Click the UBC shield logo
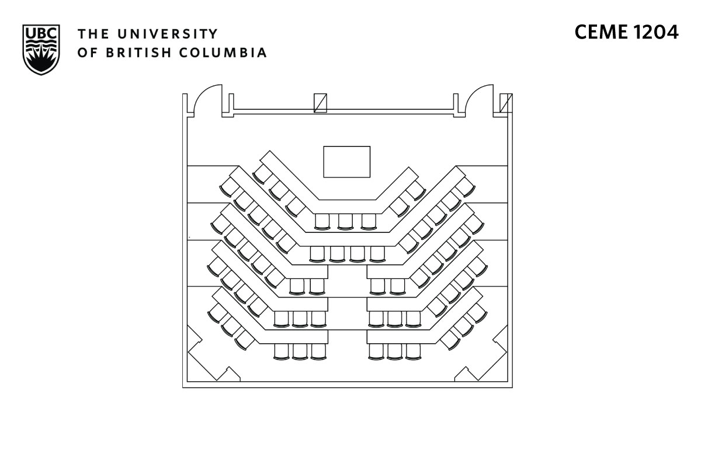(41, 49)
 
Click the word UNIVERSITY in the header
(161, 33)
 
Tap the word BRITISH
(139, 53)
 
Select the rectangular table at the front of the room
(347, 162)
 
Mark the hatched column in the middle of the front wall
(320, 103)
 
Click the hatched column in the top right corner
(506, 103)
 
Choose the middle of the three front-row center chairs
(345, 221)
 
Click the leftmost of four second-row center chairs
(317, 253)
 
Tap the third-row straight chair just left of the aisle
(317, 286)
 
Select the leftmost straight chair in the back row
(282, 351)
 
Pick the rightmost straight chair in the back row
(413, 351)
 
